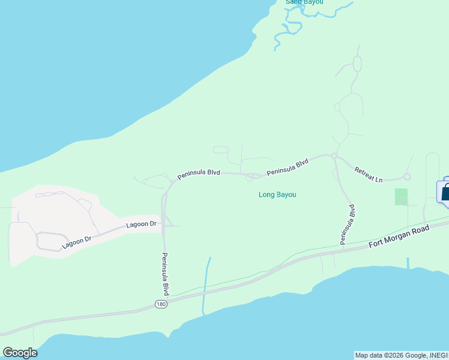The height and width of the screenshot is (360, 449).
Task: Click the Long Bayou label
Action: pos(277,194)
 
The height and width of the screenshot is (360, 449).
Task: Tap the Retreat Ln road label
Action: pos(368,175)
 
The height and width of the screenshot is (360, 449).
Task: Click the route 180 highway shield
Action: pos(160,305)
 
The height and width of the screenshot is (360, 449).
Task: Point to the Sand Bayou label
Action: pos(304,2)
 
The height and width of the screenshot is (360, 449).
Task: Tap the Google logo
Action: pos(20,352)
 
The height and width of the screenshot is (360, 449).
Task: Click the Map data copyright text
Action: pos(401,355)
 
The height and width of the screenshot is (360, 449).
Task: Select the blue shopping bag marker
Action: pos(445,192)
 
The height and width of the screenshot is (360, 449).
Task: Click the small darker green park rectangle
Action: pos(401,197)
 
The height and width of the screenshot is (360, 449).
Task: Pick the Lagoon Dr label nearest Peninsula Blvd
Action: pos(141,224)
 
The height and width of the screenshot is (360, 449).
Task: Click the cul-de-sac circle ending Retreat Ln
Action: pos(407,176)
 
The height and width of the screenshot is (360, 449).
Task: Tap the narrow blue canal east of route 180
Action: pos(206,282)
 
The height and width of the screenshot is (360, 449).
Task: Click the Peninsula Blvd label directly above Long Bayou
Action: pos(288,167)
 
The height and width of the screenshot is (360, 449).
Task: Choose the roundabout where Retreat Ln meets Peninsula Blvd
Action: pos(334,157)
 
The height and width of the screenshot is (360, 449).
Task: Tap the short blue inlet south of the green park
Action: pos(408,262)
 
